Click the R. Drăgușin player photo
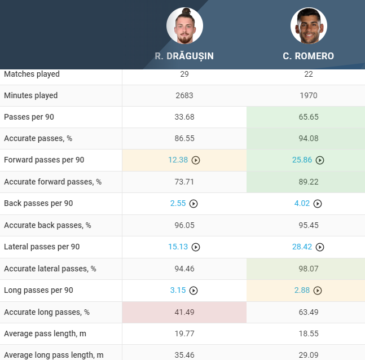[x=184, y=26]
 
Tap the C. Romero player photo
[x=309, y=26]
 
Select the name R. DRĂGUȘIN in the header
[x=184, y=56]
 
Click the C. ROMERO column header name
[x=309, y=56]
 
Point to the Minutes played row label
[x=31, y=95]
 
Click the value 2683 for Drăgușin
[x=184, y=95]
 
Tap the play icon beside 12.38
[x=196, y=160]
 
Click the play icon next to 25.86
[x=320, y=160]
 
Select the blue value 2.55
[x=178, y=203]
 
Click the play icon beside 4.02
[x=318, y=204]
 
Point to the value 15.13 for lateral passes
[x=178, y=247]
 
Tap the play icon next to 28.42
[x=320, y=247]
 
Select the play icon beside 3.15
[x=194, y=291]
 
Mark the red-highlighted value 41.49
[x=184, y=312]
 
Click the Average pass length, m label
[x=45, y=333]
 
